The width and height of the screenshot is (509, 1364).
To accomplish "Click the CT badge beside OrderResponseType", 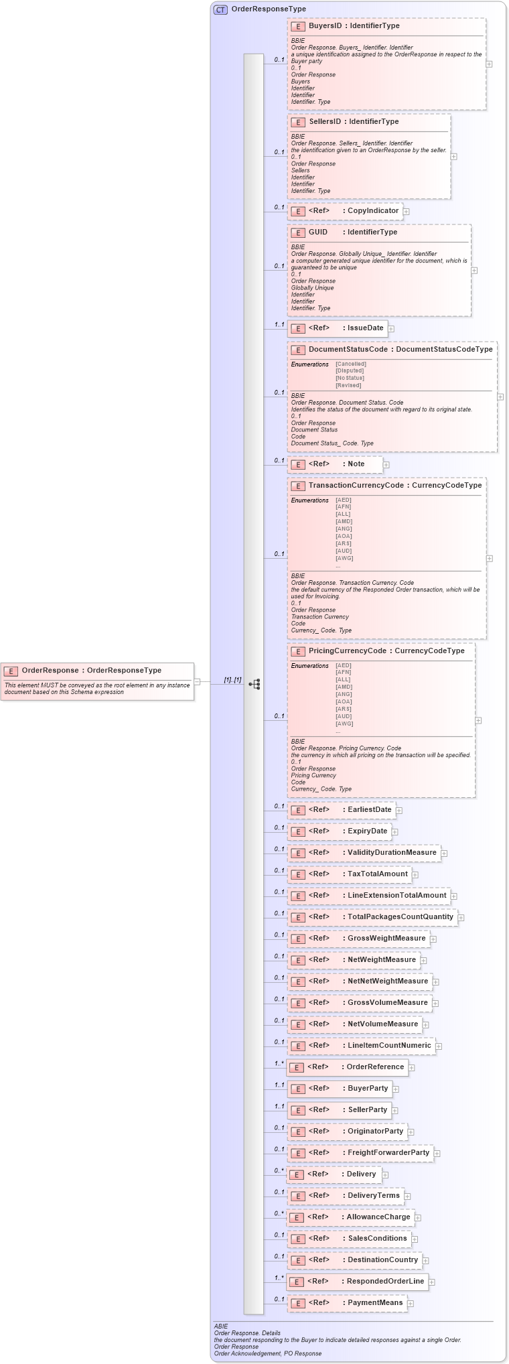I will (220, 9).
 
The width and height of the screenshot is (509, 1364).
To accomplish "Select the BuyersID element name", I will (325, 26).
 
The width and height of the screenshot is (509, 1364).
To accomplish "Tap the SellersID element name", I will (325, 122).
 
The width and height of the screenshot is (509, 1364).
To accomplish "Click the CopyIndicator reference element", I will (372, 211).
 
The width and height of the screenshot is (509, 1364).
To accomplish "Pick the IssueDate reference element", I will (365, 328).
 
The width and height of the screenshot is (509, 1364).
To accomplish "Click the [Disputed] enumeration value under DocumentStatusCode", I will (350, 370).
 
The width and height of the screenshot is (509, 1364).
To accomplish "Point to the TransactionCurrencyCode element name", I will (356, 486).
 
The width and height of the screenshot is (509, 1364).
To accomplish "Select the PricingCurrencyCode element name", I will (347, 651).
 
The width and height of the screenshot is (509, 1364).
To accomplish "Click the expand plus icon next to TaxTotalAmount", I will (415, 874).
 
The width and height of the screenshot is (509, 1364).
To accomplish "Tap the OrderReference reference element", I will (375, 1067).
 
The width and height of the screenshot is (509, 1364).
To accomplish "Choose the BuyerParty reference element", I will (368, 1089).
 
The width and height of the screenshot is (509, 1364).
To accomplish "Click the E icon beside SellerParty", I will (298, 1111).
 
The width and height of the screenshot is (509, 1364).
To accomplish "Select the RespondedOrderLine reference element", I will (385, 1282).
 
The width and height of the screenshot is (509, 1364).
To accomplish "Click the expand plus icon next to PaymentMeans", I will (411, 1303).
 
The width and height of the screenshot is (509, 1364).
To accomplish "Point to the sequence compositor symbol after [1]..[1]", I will (254, 684).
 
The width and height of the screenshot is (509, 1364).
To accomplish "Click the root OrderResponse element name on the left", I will (50, 671).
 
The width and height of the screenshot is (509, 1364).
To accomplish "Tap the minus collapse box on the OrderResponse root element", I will (197, 682).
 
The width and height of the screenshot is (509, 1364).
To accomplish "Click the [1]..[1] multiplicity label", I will (232, 680).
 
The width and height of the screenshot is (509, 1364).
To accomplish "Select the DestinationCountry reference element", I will (382, 1260).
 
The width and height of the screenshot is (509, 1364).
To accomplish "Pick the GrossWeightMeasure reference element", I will (386, 939).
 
